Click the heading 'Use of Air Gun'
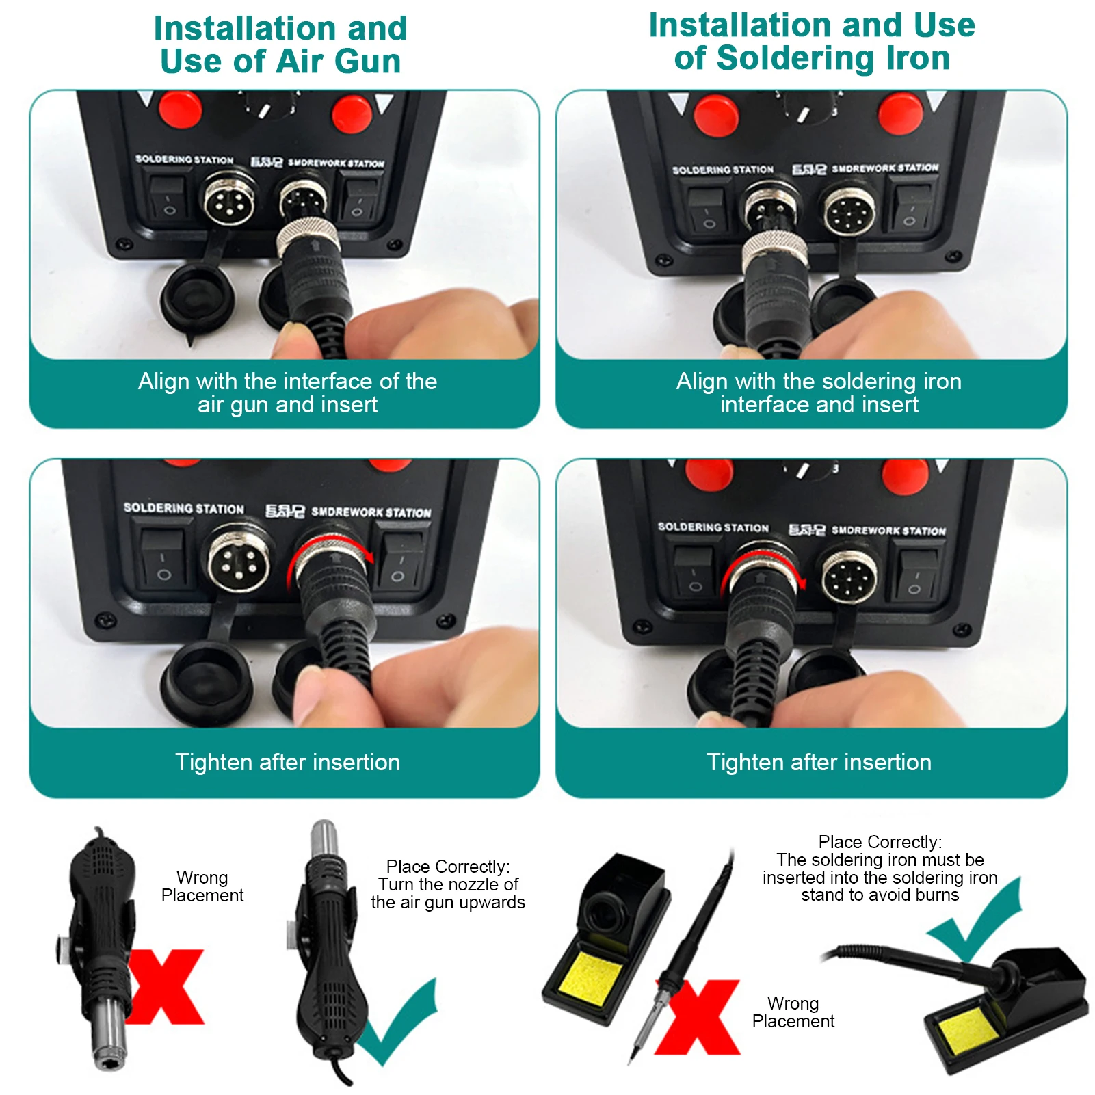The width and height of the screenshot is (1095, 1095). (x=280, y=62)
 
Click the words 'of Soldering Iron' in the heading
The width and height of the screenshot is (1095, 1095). (x=812, y=58)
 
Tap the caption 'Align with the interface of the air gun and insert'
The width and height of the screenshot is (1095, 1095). (x=287, y=393)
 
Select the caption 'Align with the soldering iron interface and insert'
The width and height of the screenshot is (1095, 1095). (x=819, y=393)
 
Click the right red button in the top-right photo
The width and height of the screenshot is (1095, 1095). (x=901, y=113)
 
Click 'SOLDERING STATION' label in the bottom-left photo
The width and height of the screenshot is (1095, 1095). (x=183, y=508)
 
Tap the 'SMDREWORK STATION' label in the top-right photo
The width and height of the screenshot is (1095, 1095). (x=885, y=168)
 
